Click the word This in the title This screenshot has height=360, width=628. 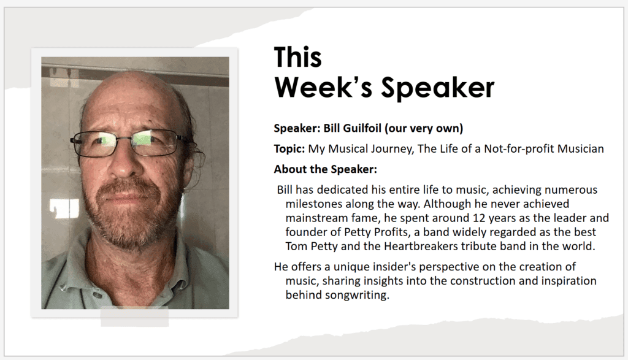(297, 57)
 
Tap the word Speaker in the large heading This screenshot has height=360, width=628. (437, 87)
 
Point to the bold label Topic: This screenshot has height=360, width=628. (289, 149)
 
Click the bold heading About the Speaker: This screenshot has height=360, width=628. (325, 169)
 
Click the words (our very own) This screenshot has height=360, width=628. (424, 128)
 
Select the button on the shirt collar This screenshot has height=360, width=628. (98, 296)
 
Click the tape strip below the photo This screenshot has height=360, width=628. (134, 316)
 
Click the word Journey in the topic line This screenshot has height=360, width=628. (392, 149)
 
